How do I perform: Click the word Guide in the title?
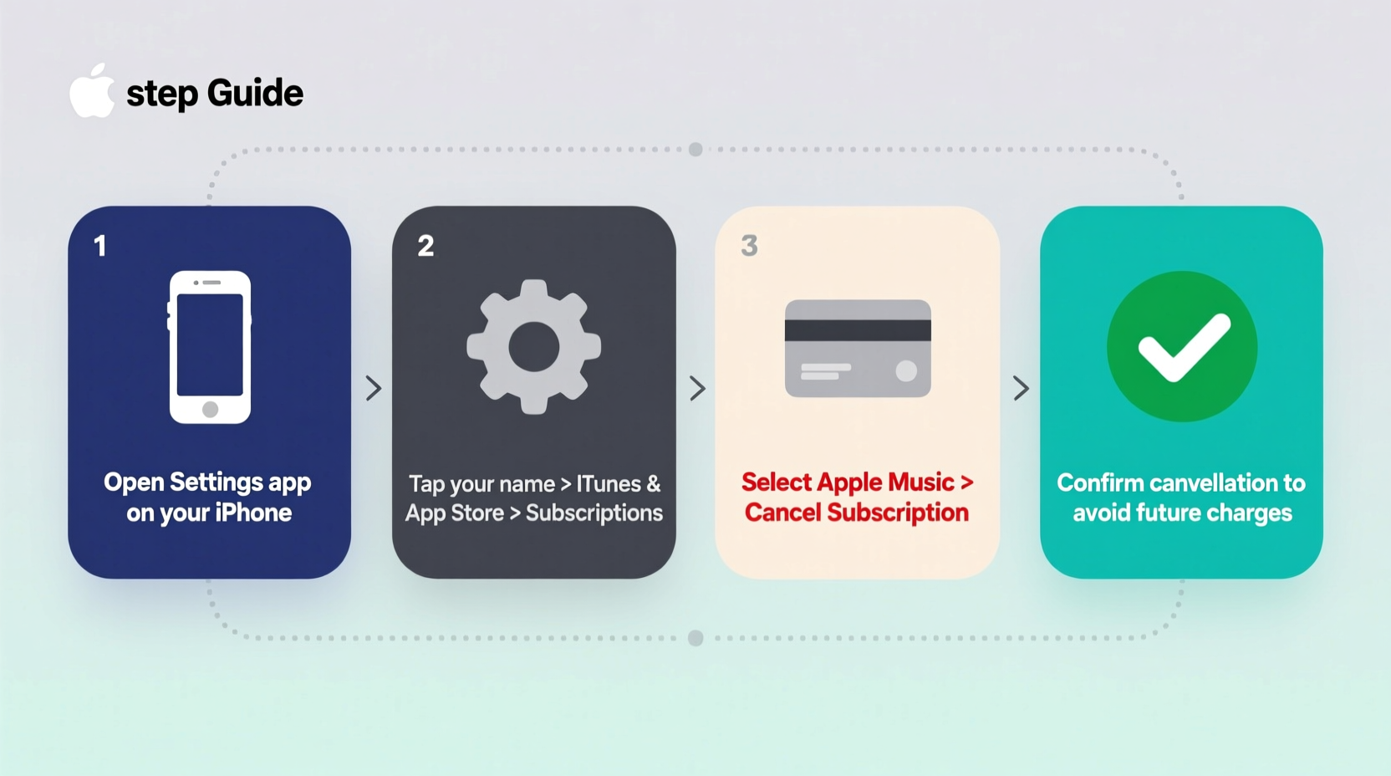click(255, 93)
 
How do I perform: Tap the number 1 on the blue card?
click(100, 246)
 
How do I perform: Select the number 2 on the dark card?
click(425, 246)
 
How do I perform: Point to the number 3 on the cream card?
click(749, 246)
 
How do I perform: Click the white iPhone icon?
click(210, 347)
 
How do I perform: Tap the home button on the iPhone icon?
click(211, 409)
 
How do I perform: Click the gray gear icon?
click(534, 347)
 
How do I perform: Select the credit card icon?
click(858, 348)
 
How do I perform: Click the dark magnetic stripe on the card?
click(858, 329)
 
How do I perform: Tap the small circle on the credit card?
click(906, 371)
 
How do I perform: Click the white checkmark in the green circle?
click(1183, 346)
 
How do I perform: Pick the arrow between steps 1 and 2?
click(374, 388)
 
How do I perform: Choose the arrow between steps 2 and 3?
click(697, 388)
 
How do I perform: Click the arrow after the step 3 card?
click(1021, 388)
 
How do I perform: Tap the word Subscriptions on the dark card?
click(594, 513)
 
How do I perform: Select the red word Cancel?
click(782, 513)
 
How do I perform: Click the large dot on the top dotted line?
click(695, 150)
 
